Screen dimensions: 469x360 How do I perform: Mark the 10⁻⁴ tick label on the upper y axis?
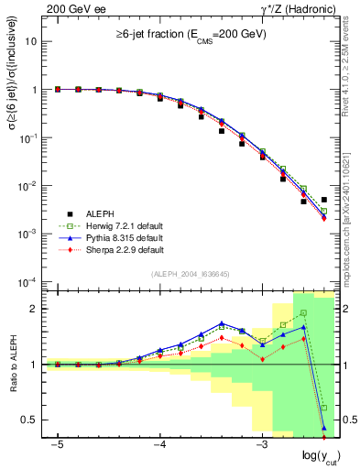pos(27,281)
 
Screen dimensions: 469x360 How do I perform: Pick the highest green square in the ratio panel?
pos(303,313)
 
